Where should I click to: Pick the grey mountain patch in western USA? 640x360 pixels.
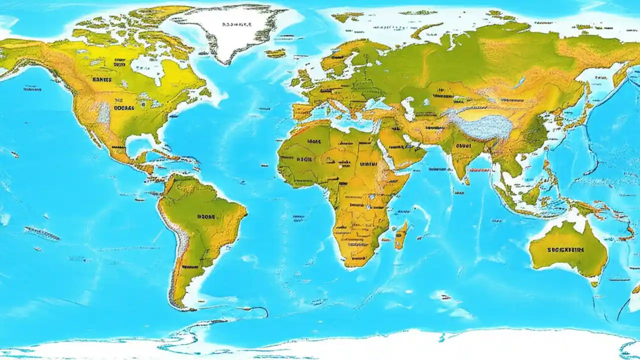point(104,113)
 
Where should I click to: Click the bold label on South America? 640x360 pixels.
point(205,217)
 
